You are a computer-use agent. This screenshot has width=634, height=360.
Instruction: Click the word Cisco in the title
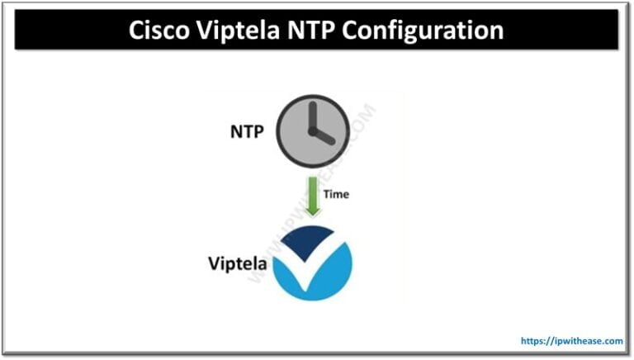(x=161, y=31)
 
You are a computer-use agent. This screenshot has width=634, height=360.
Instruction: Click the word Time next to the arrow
(x=337, y=195)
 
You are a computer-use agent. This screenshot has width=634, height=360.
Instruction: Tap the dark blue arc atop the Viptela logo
(x=307, y=239)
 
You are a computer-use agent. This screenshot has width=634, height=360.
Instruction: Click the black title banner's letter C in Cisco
(x=138, y=31)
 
